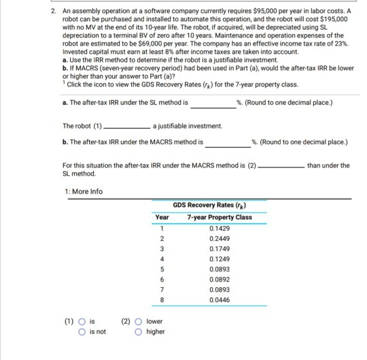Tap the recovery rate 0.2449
[x=220, y=239]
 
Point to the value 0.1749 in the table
[x=220, y=250]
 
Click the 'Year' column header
[x=162, y=217]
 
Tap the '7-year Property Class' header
[x=220, y=217]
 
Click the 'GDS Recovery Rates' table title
[x=219, y=204]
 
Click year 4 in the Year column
[x=162, y=260]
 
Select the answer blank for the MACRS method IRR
[x=227, y=144]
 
